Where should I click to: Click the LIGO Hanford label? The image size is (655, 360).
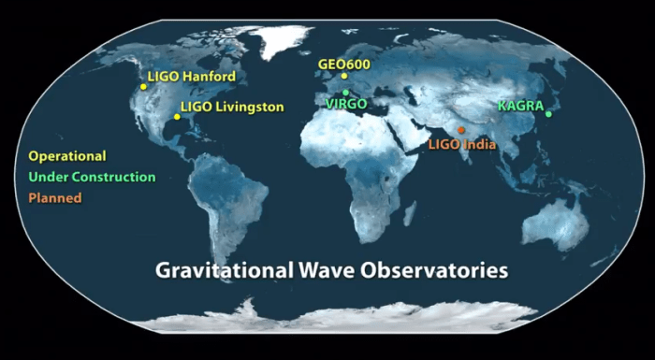click(x=192, y=76)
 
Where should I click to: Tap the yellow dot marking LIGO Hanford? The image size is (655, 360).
click(x=143, y=87)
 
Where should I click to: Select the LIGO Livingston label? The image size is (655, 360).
click(x=231, y=108)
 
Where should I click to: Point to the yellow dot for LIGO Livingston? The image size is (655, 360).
click(x=176, y=117)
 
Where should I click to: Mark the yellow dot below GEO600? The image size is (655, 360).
click(x=344, y=77)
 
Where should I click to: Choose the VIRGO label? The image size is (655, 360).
click(x=345, y=104)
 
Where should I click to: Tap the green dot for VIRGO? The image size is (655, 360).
click(x=346, y=93)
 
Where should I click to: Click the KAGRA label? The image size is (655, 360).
click(x=520, y=106)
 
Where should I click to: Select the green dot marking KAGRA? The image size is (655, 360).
click(x=548, y=115)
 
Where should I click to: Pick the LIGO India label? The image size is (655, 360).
click(x=461, y=145)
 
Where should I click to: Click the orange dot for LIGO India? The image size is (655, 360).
click(x=460, y=130)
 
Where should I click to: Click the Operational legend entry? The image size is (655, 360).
click(x=67, y=156)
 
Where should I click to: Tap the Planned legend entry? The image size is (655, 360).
click(x=55, y=197)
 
